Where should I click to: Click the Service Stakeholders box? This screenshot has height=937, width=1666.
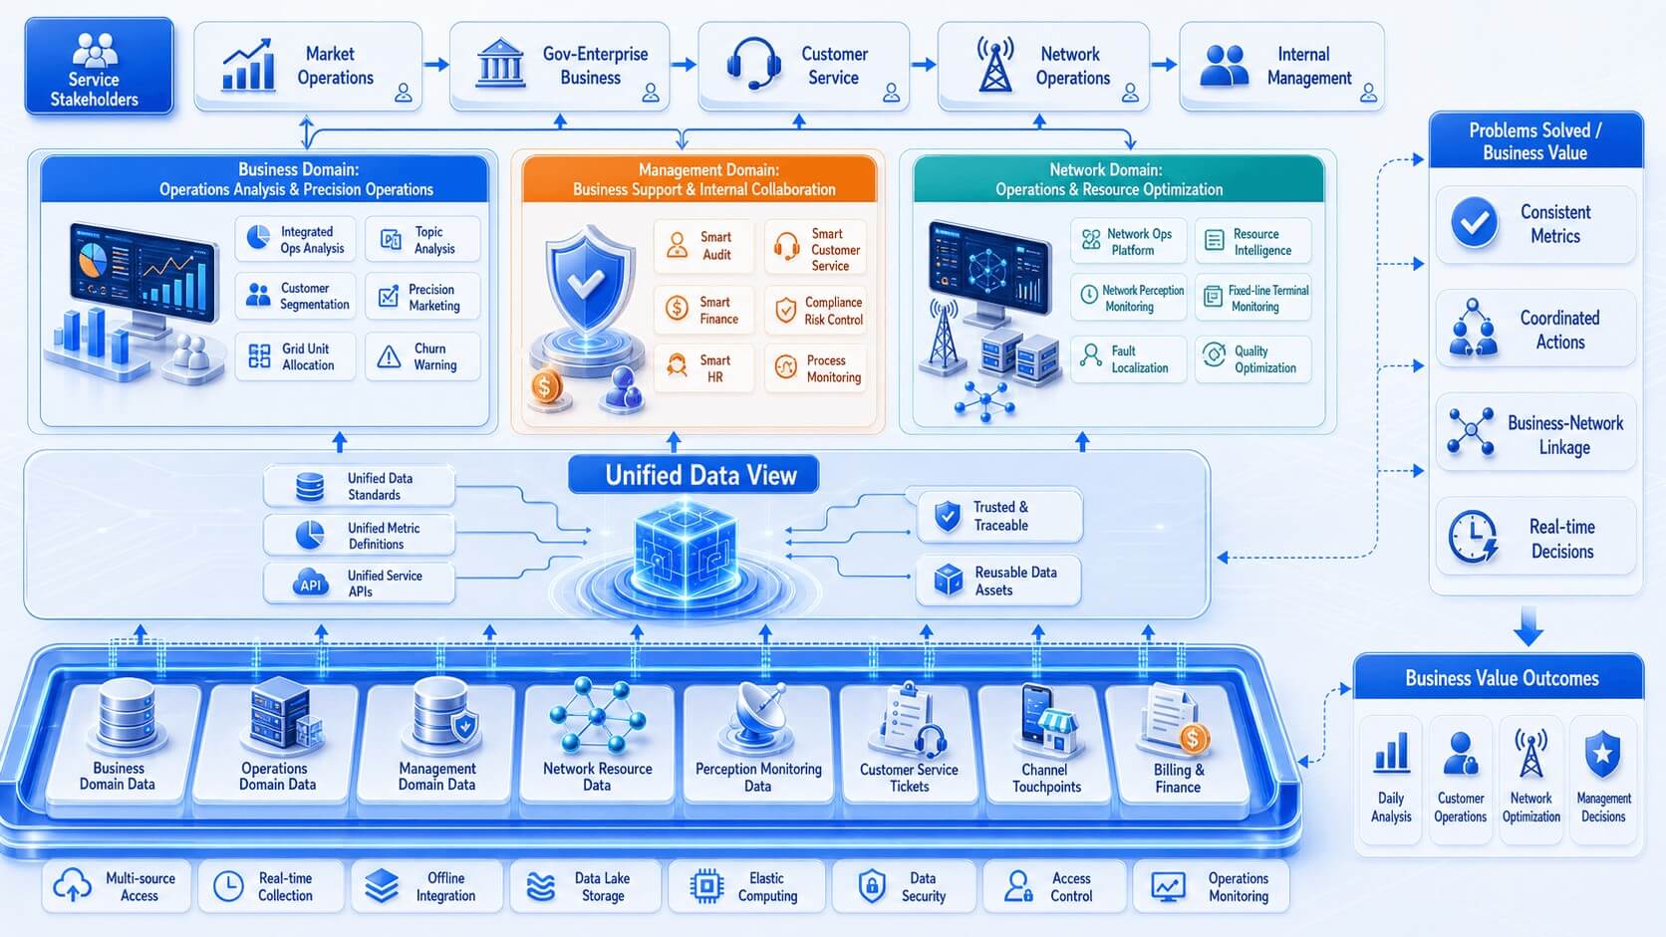(x=99, y=66)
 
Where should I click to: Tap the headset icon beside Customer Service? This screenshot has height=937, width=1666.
(x=753, y=63)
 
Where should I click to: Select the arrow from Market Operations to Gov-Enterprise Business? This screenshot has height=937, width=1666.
(x=436, y=65)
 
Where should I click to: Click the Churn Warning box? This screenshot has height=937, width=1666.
(x=422, y=356)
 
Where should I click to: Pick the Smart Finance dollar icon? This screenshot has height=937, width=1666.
(x=677, y=308)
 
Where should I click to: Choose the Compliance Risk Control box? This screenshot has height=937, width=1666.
(x=816, y=311)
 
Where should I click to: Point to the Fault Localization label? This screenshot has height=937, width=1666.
(x=1140, y=358)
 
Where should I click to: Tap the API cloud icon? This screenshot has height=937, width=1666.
(x=310, y=584)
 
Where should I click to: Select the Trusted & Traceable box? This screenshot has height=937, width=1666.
(x=999, y=516)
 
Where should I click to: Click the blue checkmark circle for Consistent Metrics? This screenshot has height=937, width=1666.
(x=1474, y=222)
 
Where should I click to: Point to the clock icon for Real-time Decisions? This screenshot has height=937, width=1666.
(x=1472, y=536)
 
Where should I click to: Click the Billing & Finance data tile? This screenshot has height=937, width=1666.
(x=1179, y=744)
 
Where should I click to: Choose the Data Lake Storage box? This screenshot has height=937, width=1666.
(x=585, y=886)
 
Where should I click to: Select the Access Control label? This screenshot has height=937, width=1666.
(x=1071, y=886)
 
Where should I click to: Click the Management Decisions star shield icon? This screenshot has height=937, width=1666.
(x=1603, y=754)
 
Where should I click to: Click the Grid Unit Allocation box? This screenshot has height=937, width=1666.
(x=295, y=356)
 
